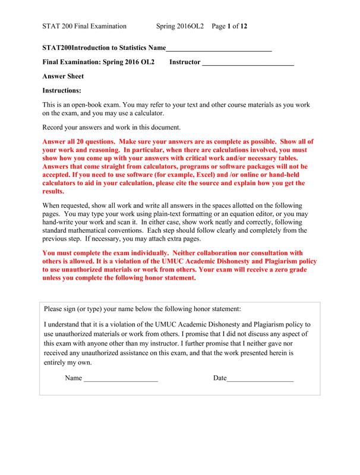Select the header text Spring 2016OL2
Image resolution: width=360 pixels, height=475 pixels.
pyautogui.click(x=180, y=26)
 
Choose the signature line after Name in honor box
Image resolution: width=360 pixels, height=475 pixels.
pyautogui.click(x=121, y=378)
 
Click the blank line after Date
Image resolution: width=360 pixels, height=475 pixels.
pyautogui.click(x=260, y=378)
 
